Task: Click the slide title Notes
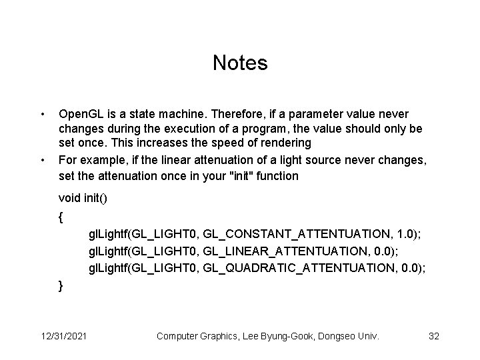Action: [240, 63]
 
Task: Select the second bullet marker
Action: [42, 161]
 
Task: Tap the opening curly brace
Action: [61, 217]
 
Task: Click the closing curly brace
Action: [61, 285]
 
